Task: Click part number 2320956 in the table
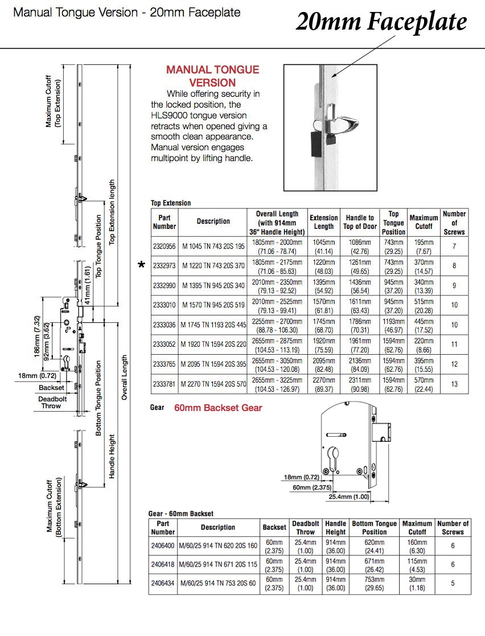click(165, 246)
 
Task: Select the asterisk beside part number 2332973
click(142, 265)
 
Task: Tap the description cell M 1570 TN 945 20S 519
click(213, 305)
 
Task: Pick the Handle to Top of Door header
click(360, 222)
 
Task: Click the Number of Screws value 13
click(454, 384)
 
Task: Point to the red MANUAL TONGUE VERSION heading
click(212, 76)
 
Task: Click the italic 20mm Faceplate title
click(381, 22)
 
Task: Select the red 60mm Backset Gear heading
click(218, 408)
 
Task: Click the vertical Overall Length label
click(125, 377)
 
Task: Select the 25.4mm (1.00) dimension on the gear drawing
click(349, 497)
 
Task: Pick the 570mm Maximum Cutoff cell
click(424, 384)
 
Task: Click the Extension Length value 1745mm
click(324, 325)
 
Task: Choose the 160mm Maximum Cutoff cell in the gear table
click(417, 546)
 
